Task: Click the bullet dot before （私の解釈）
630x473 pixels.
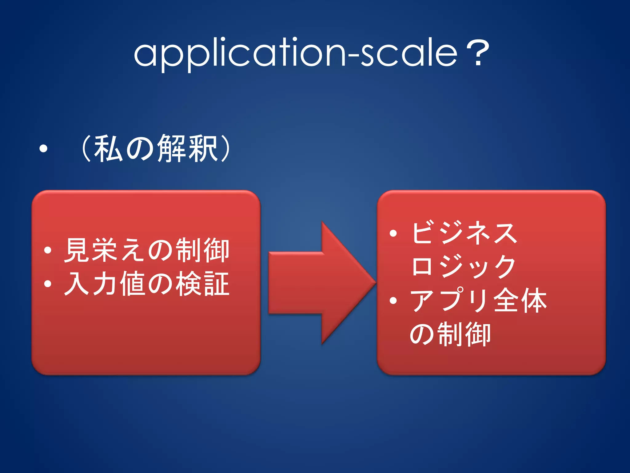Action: click(x=43, y=149)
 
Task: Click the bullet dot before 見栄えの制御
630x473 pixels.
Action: click(x=47, y=250)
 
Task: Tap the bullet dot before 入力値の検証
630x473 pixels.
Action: click(x=47, y=283)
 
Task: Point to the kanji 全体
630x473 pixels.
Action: click(x=520, y=300)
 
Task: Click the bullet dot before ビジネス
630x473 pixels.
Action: click(x=393, y=233)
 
